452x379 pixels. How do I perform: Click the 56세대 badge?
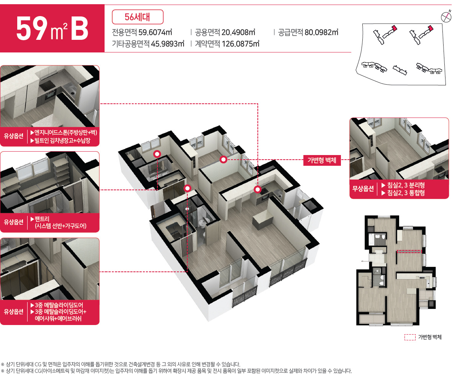tap(138, 17)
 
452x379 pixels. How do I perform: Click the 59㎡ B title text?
tap(52, 29)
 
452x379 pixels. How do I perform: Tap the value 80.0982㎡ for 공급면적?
tap(321, 32)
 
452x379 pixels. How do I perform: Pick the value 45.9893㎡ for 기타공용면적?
tap(168, 44)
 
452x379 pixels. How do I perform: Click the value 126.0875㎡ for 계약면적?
tap(241, 44)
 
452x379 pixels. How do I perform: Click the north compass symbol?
tap(445, 16)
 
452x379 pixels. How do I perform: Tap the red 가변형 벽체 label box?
tap(322, 160)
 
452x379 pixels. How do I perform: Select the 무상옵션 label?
tap(363, 188)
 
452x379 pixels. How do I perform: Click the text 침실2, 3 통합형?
tap(406, 192)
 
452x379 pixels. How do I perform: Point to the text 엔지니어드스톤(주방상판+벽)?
tap(66, 132)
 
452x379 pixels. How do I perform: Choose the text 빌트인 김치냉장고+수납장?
tap(62, 140)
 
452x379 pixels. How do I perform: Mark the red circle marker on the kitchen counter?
tap(257, 189)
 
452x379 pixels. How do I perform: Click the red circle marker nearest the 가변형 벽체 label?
tap(223, 160)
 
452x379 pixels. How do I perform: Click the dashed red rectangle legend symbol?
tap(410, 337)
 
